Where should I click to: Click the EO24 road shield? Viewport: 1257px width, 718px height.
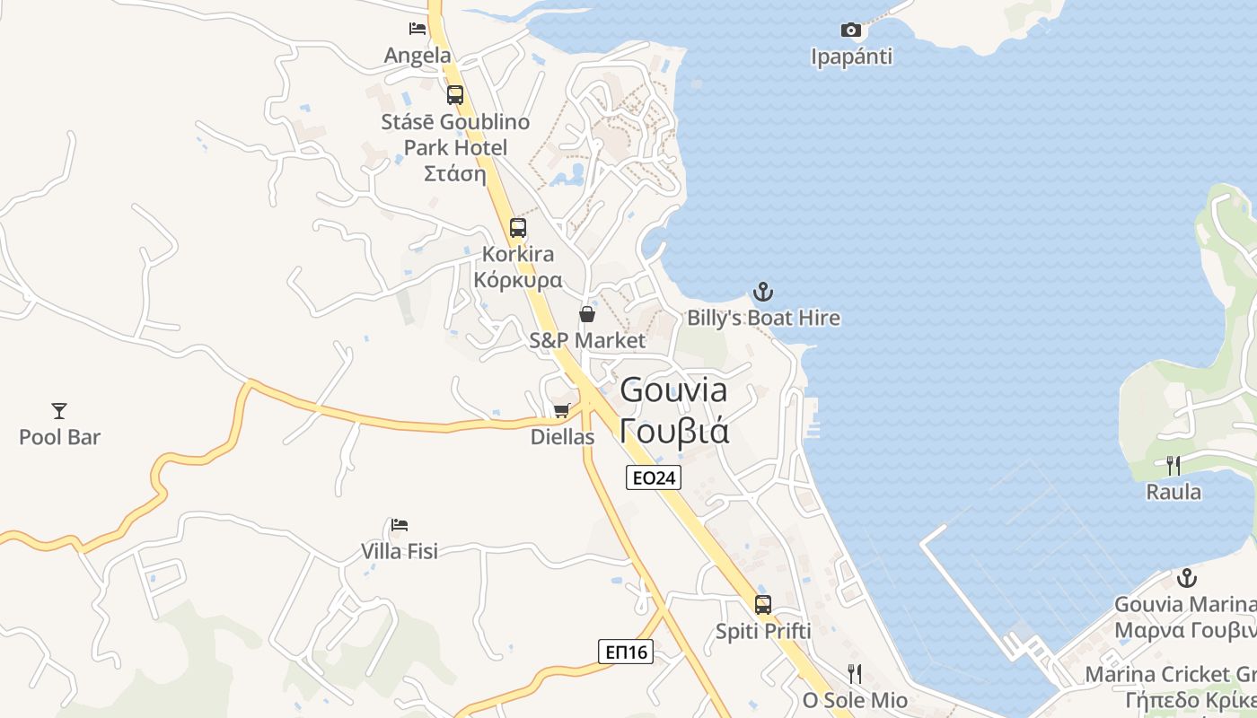pyautogui.click(x=654, y=477)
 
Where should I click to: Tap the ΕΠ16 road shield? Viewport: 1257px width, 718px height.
pyautogui.click(x=626, y=652)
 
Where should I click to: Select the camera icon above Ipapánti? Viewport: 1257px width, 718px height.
pyautogui.click(x=850, y=31)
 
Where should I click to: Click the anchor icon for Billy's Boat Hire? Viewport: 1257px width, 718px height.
pyautogui.click(x=762, y=292)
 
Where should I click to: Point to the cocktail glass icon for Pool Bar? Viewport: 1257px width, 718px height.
pyautogui.click(x=59, y=411)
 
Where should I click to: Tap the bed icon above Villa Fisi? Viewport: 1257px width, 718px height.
pyautogui.click(x=400, y=524)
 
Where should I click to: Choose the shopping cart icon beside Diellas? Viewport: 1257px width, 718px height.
pyautogui.click(x=562, y=411)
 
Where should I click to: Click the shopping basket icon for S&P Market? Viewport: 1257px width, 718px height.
pyautogui.click(x=587, y=314)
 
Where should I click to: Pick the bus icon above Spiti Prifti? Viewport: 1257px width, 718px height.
pyautogui.click(x=763, y=605)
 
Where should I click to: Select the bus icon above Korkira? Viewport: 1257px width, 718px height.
pyautogui.click(x=518, y=228)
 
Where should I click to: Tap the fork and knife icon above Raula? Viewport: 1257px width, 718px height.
pyautogui.click(x=1173, y=465)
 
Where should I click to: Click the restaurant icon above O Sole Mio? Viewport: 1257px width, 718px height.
pyautogui.click(x=854, y=673)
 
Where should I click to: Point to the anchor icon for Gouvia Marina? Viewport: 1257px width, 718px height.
pyautogui.click(x=1187, y=578)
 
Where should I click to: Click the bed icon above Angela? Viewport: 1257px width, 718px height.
pyautogui.click(x=418, y=29)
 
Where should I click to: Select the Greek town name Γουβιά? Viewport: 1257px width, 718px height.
pyautogui.click(x=674, y=432)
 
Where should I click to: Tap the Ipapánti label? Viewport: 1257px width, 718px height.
pyautogui.click(x=851, y=57)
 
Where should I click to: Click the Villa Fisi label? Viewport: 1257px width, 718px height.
pyautogui.click(x=400, y=551)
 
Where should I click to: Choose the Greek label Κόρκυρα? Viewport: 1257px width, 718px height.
pyautogui.click(x=518, y=280)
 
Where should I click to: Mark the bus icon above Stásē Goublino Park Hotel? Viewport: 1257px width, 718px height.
pyautogui.click(x=455, y=95)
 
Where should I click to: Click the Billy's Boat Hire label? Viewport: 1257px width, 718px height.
pyautogui.click(x=763, y=318)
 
